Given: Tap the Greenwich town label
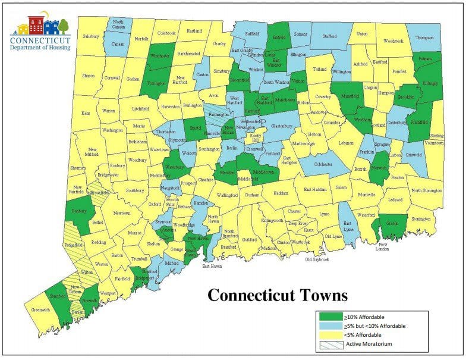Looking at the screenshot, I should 40,310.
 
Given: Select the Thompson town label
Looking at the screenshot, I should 424,37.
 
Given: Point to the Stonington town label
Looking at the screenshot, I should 421,218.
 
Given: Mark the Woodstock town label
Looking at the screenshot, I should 393,41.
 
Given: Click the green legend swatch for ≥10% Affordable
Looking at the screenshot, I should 330,317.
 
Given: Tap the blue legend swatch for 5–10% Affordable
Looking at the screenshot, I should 330,325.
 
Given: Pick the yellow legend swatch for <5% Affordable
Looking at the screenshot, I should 330,334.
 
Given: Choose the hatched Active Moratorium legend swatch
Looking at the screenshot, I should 330,344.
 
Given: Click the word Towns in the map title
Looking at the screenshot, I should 321,295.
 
